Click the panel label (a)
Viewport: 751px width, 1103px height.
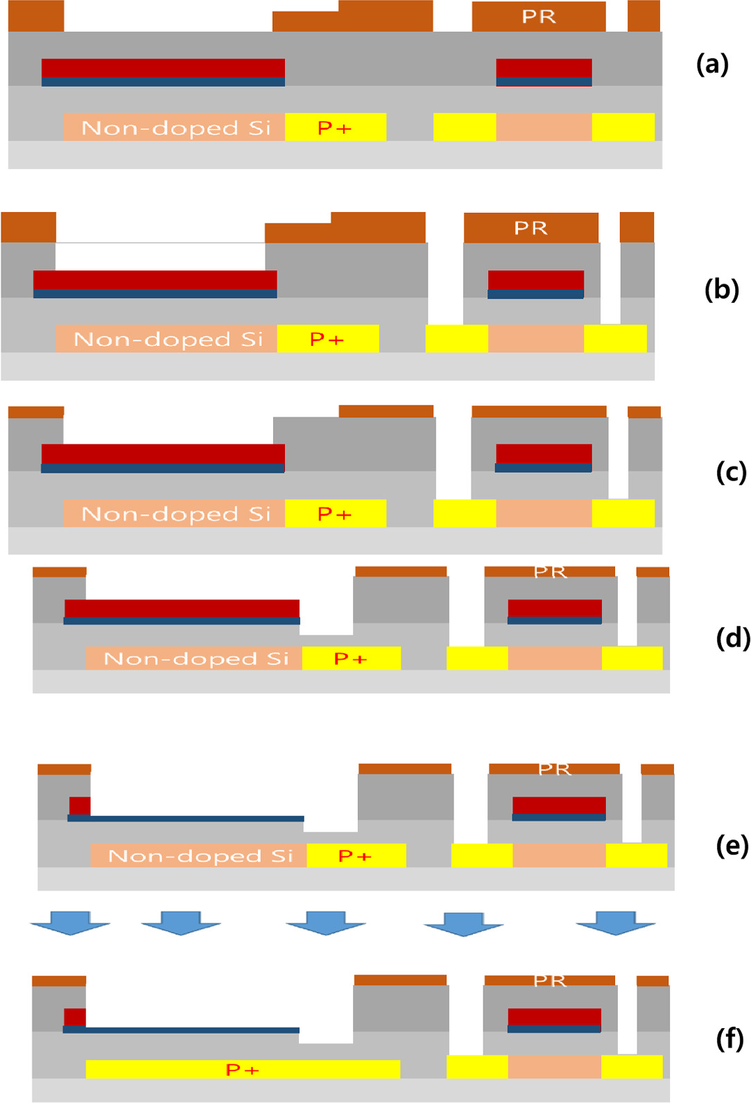pos(712,64)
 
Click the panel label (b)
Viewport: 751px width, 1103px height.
pos(721,289)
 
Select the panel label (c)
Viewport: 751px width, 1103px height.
pos(731,472)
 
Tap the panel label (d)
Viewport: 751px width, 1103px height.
pos(732,637)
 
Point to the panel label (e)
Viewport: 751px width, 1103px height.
pos(732,846)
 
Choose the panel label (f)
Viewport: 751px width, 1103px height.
pos(730,1039)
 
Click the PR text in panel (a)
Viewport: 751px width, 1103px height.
pos(539,17)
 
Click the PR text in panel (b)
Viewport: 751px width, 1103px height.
pos(530,228)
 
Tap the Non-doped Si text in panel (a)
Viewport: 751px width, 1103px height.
pos(175,128)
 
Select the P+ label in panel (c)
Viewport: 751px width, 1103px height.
pos(335,514)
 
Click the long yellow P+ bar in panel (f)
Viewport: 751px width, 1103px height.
pos(243,1069)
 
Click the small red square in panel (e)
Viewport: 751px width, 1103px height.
pos(80,806)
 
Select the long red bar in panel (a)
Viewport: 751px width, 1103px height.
pos(163,68)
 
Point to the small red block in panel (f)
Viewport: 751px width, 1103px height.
pos(75,1017)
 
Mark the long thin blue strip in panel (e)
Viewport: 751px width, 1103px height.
pos(186,819)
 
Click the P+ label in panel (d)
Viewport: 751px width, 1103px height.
pos(350,659)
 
